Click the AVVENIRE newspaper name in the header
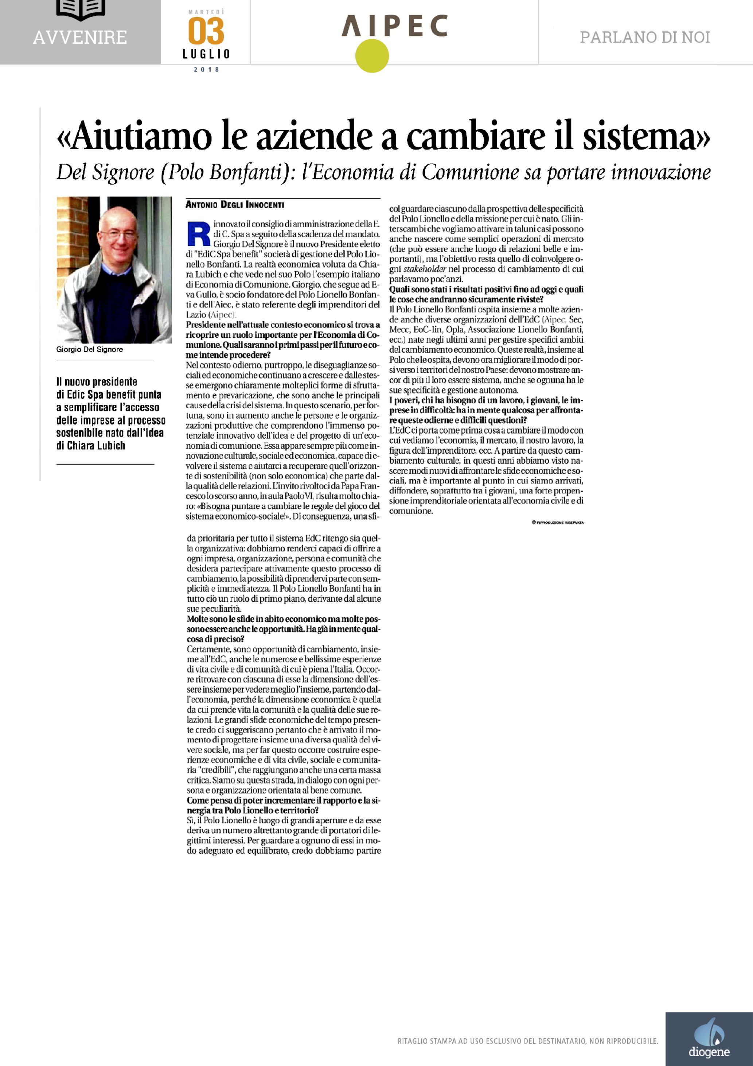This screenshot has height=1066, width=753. pyautogui.click(x=80, y=38)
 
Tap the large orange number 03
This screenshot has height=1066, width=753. pyautogui.click(x=206, y=32)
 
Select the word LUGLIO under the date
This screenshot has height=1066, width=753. pyautogui.click(x=206, y=54)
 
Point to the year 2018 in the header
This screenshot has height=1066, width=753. pyautogui.click(x=206, y=70)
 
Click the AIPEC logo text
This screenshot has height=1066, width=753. pyautogui.click(x=395, y=26)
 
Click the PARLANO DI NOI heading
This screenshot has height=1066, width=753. pyautogui.click(x=644, y=38)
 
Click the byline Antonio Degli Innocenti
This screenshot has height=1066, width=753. pyautogui.click(x=235, y=205)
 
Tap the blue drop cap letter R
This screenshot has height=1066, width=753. pyautogui.click(x=199, y=234)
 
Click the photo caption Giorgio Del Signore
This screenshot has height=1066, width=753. pyautogui.click(x=90, y=349)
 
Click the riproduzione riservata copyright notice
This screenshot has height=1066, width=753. pyautogui.click(x=557, y=523)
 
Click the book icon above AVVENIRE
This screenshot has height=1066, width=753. pyautogui.click(x=80, y=9)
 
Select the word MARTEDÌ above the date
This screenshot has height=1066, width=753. pyautogui.click(x=206, y=12)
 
